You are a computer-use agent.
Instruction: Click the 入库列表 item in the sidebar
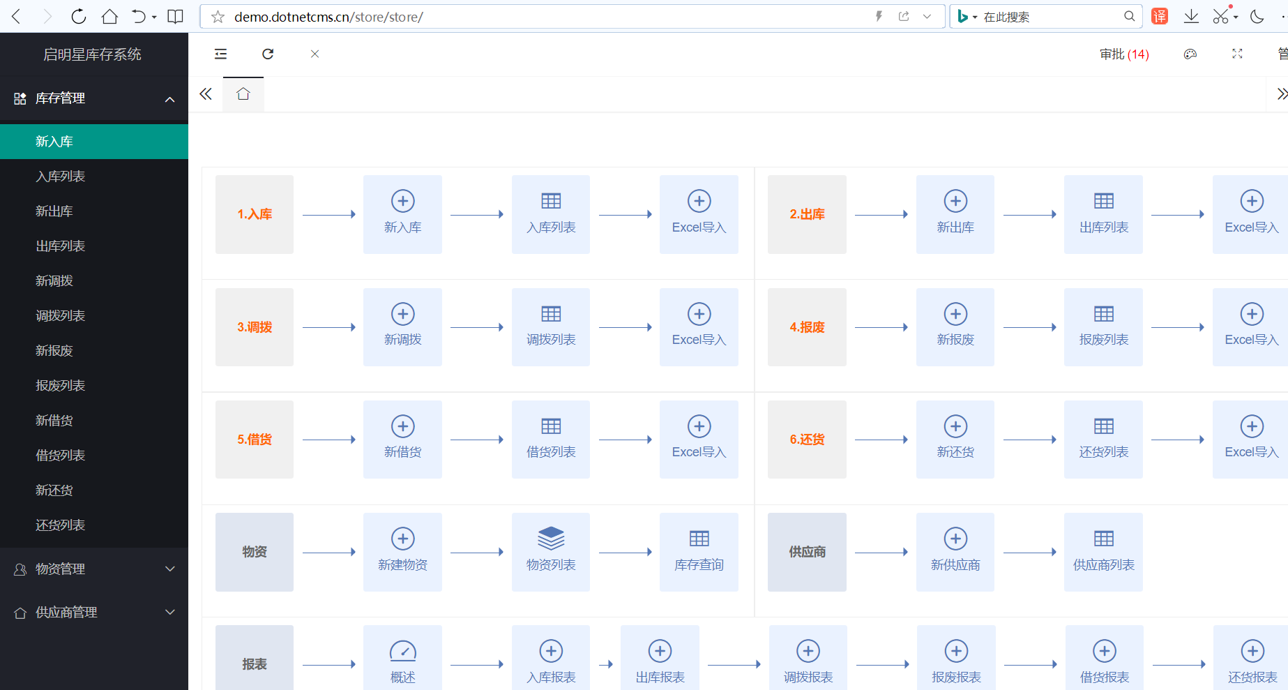point(61,177)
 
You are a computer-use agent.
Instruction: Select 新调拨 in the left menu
point(54,281)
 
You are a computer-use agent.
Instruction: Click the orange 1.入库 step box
point(255,214)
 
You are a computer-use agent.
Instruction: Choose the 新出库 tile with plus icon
point(955,214)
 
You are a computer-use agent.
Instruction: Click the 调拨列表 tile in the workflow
point(551,327)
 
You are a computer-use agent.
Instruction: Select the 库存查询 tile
point(699,552)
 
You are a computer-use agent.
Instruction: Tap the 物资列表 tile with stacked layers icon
point(551,552)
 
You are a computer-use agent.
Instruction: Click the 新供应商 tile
point(955,552)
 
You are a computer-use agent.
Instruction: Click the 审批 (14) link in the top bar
point(1124,54)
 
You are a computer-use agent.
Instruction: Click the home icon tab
point(243,94)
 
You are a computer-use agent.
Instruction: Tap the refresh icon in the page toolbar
point(268,54)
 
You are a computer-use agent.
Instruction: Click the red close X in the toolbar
point(315,54)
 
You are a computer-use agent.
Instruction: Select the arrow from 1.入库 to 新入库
point(329,214)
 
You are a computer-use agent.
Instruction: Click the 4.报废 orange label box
point(807,327)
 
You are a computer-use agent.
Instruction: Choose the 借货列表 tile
point(551,440)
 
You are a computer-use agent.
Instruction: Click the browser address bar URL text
point(328,17)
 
